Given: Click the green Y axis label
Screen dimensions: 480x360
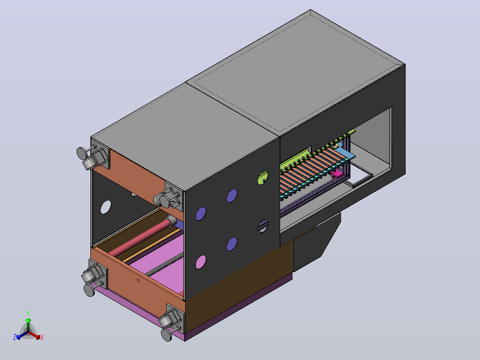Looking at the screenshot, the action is (x=28, y=313).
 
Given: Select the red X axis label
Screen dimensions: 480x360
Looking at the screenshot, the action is (x=42, y=337).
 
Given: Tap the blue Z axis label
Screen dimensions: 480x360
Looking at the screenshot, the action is (x=15, y=337).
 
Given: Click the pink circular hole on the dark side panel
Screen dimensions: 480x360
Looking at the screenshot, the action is (x=201, y=262).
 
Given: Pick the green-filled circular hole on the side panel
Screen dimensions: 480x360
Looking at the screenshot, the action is (x=263, y=178).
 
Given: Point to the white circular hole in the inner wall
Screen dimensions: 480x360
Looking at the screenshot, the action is (x=106, y=207).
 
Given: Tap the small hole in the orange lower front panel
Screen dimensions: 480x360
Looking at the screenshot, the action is (x=138, y=280).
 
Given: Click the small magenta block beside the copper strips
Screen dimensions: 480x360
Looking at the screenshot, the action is (x=337, y=174).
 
